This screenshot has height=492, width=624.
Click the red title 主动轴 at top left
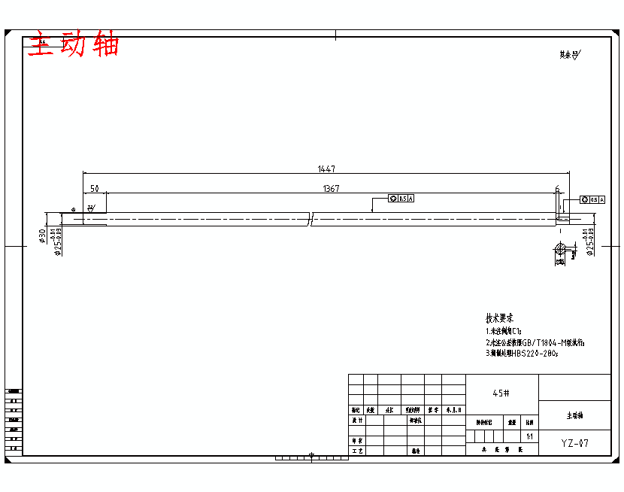[x=74, y=45]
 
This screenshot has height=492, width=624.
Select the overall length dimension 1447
[x=326, y=169]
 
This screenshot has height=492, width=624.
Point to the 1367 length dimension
[x=331, y=188]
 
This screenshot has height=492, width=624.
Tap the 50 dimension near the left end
[x=94, y=188]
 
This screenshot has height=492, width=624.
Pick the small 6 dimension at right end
[x=557, y=188]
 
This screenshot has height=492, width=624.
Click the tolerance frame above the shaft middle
[x=401, y=199]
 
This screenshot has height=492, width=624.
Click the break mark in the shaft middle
[x=311, y=218]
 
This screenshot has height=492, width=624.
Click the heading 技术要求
[x=499, y=318]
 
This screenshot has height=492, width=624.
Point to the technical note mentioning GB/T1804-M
[x=535, y=342]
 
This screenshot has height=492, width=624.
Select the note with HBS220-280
[x=522, y=353]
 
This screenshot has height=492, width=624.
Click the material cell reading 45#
[x=501, y=393]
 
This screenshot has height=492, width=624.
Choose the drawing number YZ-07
[x=574, y=443]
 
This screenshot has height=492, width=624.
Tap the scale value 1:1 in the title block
[x=530, y=436]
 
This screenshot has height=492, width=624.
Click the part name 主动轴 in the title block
[x=574, y=415]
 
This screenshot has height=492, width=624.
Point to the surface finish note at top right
[x=569, y=55]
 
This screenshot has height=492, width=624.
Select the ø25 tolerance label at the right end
[x=591, y=241]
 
